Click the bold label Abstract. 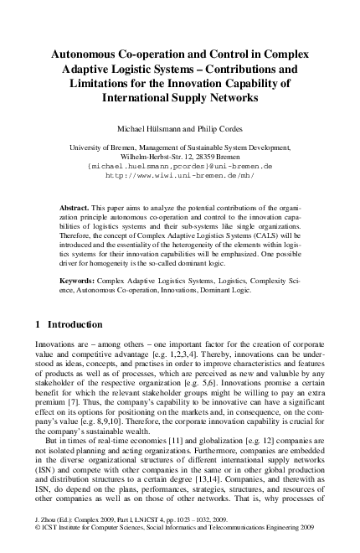(76, 205)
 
